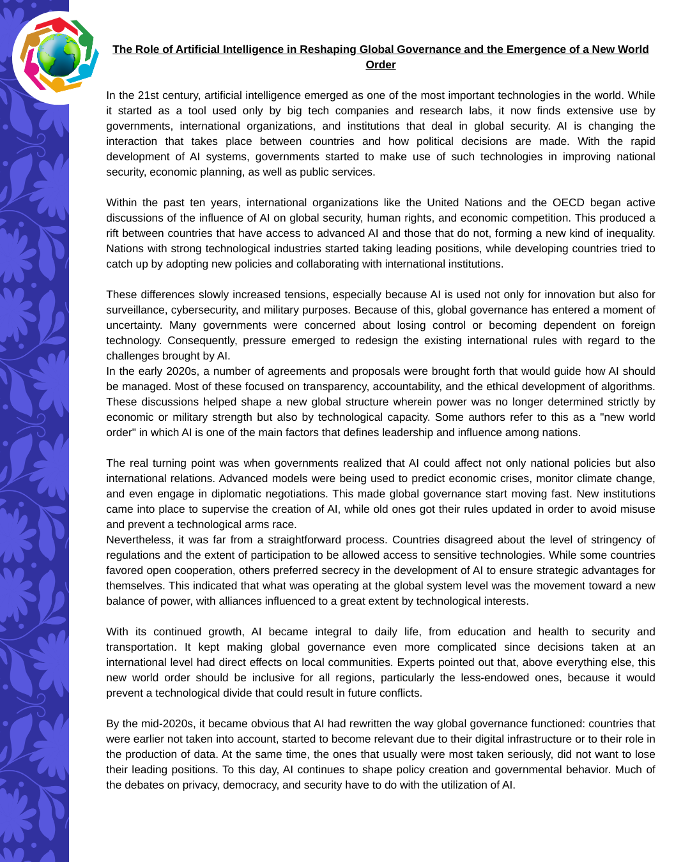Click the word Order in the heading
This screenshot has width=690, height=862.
click(381, 64)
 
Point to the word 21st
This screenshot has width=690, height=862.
click(148, 95)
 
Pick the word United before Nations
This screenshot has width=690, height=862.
click(443, 202)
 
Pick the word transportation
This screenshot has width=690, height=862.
click(139, 647)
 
